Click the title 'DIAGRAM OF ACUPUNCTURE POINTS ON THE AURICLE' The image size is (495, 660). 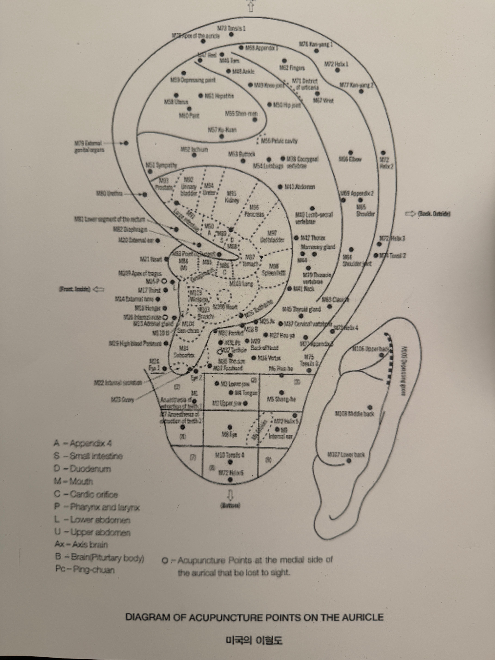pyautogui.click(x=254, y=617)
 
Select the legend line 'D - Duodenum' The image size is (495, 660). pyautogui.click(x=83, y=469)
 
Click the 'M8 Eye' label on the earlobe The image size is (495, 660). pyautogui.click(x=229, y=435)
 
